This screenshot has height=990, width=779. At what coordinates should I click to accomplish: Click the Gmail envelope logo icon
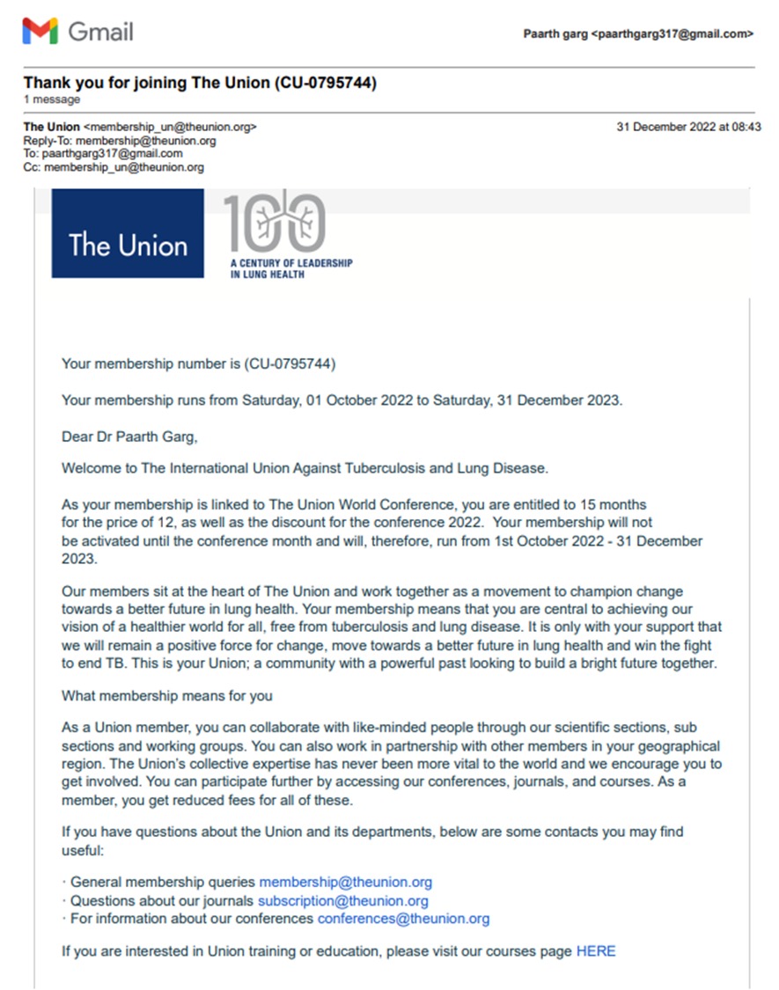40,32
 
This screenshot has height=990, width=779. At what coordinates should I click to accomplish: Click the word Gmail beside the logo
100,33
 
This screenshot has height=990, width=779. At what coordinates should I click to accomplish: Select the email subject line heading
200,84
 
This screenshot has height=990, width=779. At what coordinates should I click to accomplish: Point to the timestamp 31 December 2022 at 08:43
689,127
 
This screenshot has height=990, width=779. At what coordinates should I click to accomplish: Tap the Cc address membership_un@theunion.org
123,166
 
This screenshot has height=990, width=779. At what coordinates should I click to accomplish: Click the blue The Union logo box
128,235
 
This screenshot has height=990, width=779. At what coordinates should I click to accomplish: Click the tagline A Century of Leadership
290,263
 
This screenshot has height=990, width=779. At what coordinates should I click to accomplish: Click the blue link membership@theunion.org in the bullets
345,882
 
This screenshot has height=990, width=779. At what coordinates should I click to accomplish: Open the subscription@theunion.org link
342,901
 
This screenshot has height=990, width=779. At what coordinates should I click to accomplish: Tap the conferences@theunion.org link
403,919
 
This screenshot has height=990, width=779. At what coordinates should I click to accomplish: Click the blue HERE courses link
596,951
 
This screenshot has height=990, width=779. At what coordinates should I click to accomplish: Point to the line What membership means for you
167,696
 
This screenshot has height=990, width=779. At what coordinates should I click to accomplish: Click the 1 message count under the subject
52,99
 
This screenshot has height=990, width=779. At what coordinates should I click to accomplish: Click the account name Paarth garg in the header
555,33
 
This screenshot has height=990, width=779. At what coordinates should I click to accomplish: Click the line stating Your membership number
198,363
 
